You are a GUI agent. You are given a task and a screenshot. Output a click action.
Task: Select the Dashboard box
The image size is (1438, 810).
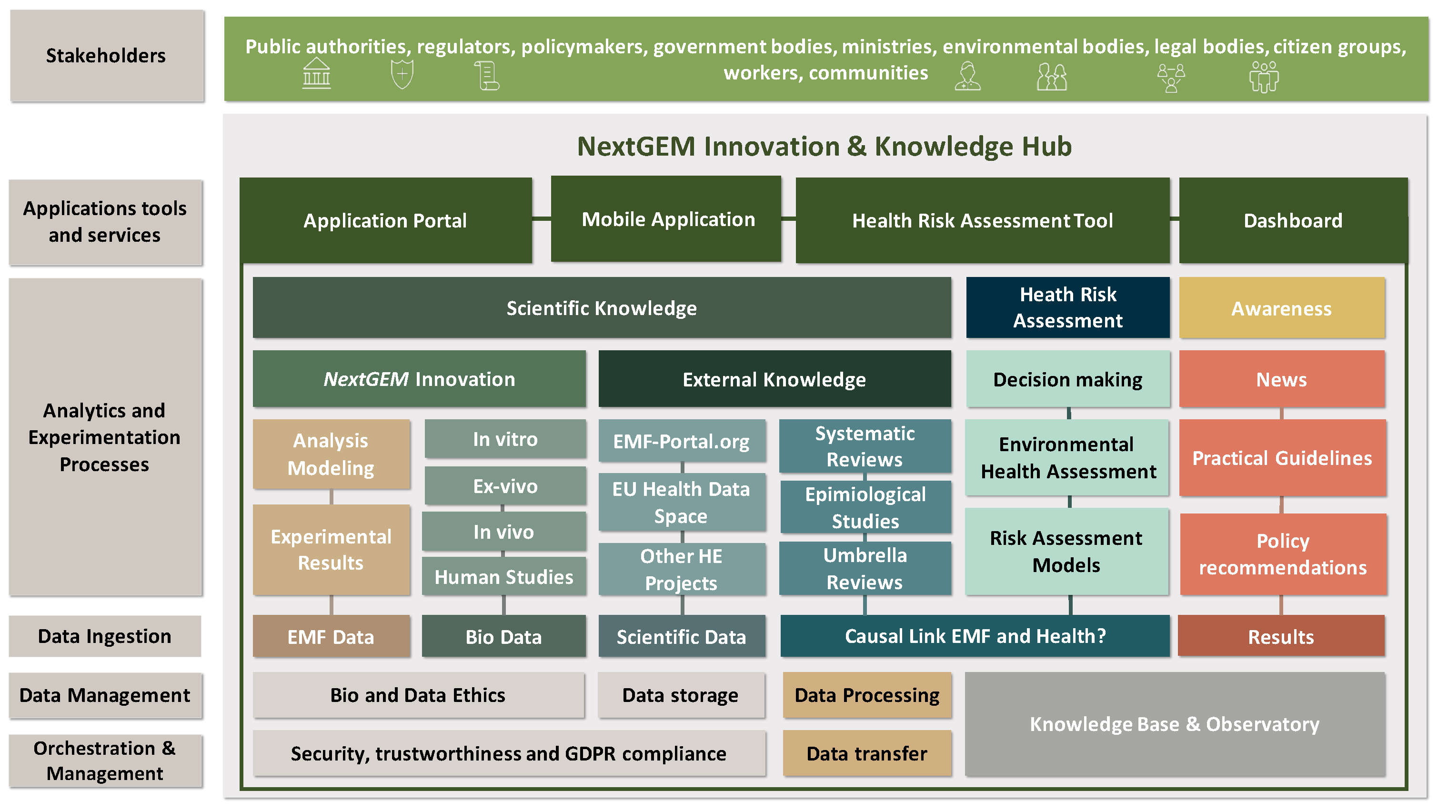(1293, 220)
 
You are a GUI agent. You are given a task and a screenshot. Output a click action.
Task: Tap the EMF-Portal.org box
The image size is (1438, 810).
(681, 441)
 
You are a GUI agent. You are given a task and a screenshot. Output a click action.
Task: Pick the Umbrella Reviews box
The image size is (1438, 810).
(865, 568)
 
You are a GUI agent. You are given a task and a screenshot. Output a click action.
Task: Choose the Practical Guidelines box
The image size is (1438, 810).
(1282, 457)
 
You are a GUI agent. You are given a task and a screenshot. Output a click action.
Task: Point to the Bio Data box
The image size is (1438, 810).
(503, 636)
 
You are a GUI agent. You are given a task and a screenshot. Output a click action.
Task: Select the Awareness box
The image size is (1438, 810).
(1282, 308)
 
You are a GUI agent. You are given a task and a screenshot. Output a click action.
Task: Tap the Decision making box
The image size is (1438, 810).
(1067, 379)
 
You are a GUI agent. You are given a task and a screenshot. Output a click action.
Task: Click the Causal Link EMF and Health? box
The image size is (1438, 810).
(975, 636)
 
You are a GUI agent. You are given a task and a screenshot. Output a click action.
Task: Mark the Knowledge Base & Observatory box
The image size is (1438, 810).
(1175, 723)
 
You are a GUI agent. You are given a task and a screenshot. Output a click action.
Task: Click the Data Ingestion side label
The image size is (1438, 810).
(104, 636)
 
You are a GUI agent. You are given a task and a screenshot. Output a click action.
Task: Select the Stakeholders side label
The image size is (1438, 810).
(106, 55)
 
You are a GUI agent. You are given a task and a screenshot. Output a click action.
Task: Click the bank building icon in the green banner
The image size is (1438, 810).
(317, 74)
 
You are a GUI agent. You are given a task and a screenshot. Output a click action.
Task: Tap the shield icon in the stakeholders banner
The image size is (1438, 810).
(402, 74)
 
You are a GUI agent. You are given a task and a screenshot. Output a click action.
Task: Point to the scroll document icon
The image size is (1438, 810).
(487, 75)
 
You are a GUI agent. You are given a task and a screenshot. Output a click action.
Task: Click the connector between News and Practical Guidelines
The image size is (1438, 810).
(1282, 414)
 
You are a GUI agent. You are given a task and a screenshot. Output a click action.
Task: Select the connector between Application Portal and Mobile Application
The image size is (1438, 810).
(542, 219)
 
